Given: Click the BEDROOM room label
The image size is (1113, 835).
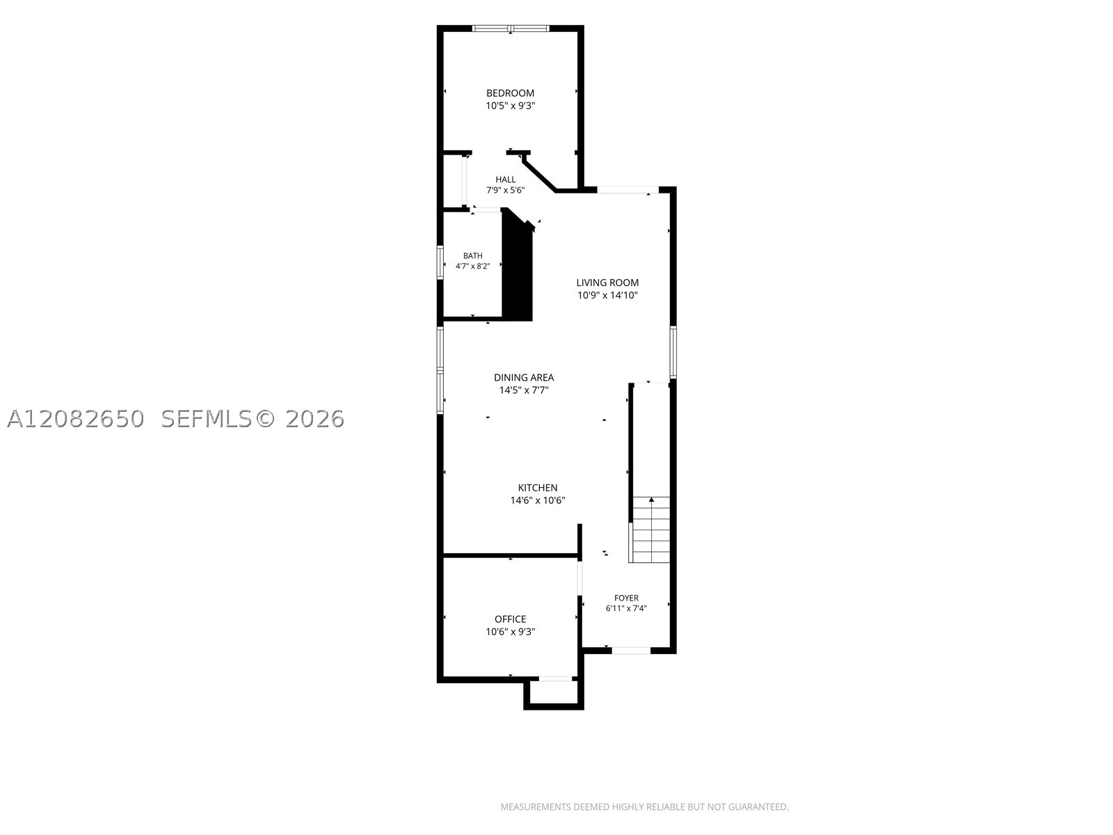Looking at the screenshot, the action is tap(510, 93).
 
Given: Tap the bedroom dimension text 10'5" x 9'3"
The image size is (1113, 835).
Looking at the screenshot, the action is tap(510, 106).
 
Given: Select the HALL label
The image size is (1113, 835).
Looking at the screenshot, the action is tap(506, 180).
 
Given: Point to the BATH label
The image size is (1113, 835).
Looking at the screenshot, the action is tap(472, 256).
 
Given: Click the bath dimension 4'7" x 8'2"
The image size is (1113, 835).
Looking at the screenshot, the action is tap(472, 267).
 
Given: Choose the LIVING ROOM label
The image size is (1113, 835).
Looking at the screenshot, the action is tap(607, 283).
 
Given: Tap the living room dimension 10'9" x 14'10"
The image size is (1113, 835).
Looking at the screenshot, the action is tap(607, 296).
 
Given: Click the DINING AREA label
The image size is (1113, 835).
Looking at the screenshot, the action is tap(524, 378).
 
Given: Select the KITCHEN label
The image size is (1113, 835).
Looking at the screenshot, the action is tap(538, 488).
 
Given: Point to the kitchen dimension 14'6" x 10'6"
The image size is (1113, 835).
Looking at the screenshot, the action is tap(538, 500).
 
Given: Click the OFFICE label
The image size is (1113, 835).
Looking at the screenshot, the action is tap(510, 619).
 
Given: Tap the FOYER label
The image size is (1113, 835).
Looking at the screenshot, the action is tap(626, 598).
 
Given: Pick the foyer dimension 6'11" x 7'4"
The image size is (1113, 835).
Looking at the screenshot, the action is tap(626, 608).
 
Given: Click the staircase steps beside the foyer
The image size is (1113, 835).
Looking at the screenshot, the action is tap(651, 530).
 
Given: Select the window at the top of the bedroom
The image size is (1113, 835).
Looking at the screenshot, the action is tap(510, 29).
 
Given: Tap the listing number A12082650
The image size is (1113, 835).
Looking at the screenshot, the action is tap(76, 419).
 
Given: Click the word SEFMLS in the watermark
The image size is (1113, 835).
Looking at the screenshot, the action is tap(207, 419).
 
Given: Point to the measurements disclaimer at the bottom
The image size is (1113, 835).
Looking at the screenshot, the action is tap(644, 806).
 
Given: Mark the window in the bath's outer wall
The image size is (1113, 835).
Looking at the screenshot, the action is tap(440, 262).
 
